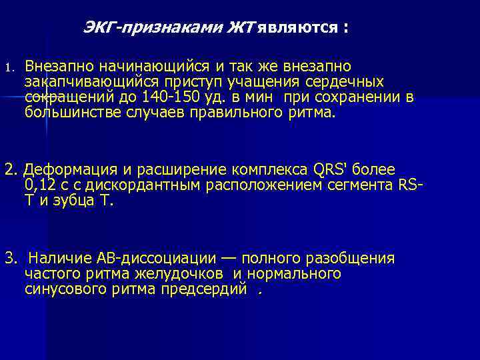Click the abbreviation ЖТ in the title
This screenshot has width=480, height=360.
point(241,29)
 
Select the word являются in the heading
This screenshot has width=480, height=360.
point(297,29)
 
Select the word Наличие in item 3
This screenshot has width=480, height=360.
point(57,258)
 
